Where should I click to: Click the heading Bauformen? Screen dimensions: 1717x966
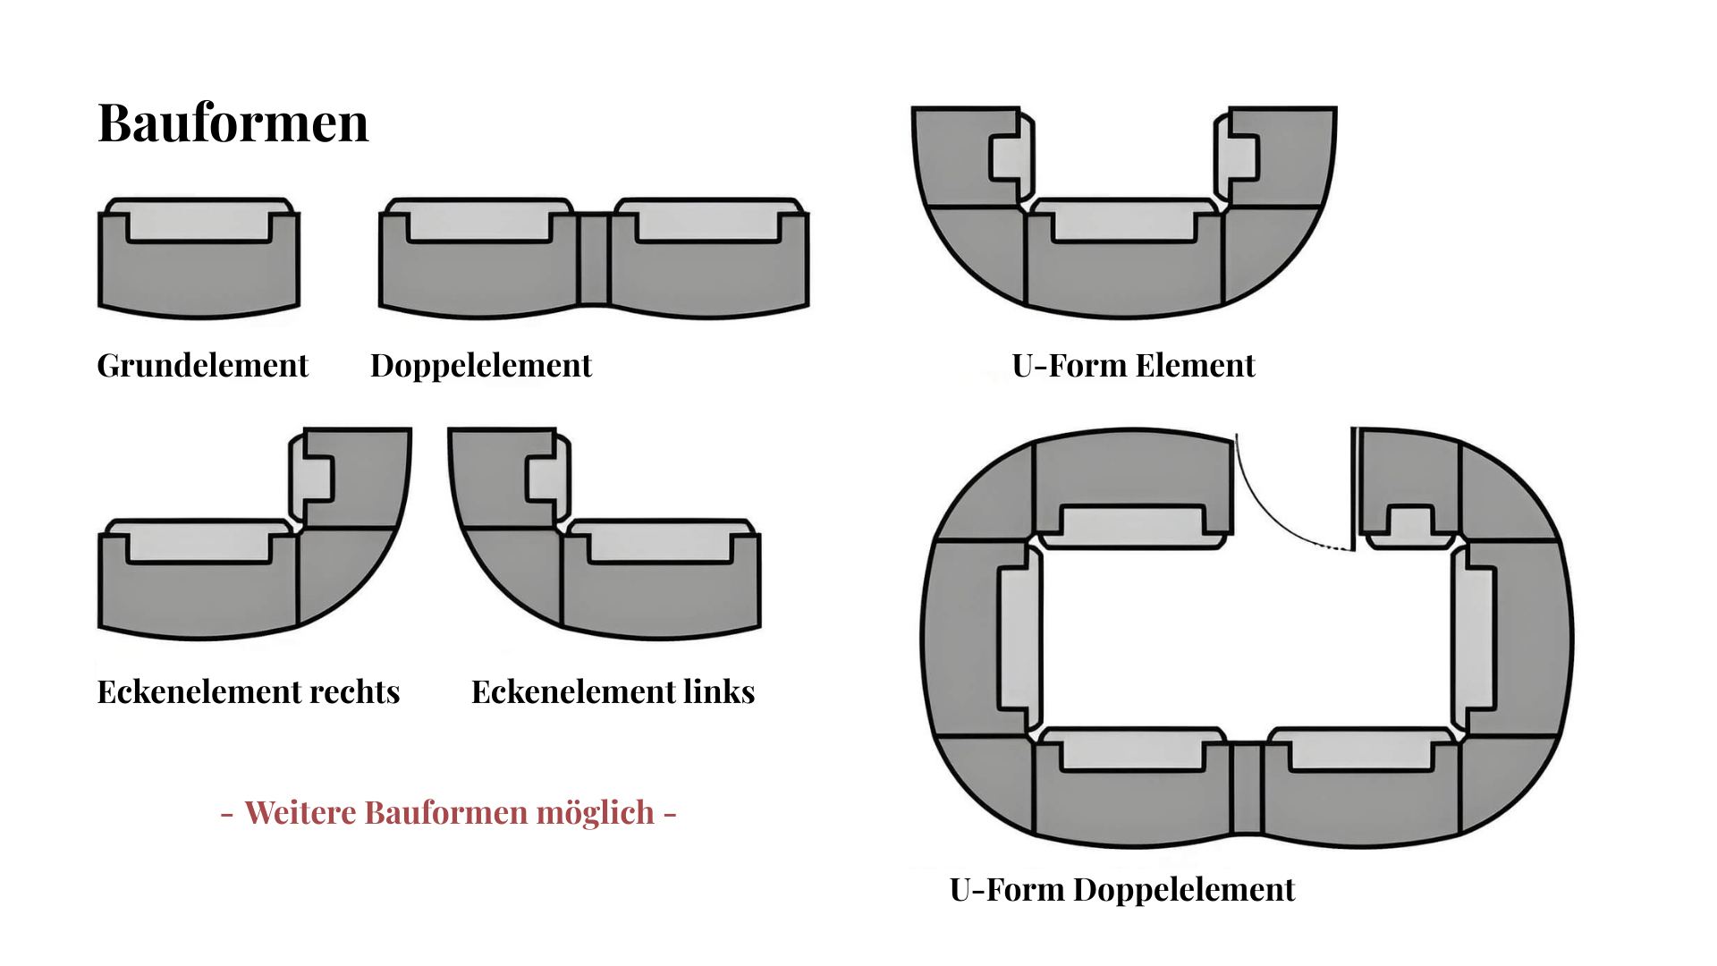[233, 123]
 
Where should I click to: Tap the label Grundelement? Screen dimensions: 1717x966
[202, 366]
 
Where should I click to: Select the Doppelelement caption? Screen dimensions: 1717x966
[481, 366]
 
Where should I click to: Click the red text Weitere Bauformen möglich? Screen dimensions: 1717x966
[449, 813]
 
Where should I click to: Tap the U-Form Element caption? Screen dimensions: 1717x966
[1133, 366]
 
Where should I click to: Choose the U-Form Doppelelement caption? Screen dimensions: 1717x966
[1122, 890]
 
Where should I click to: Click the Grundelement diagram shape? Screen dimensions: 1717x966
[199, 258]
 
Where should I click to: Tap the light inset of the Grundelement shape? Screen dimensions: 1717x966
[199, 221]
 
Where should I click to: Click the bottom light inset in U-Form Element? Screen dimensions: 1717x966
[1124, 221]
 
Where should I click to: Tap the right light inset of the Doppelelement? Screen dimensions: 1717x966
[707, 221]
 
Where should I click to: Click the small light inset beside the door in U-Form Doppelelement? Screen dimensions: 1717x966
[1410, 527]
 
